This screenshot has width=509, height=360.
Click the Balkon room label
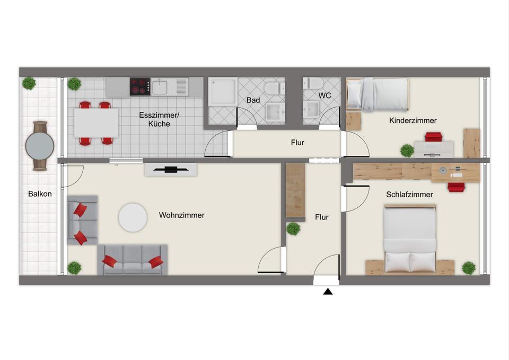point(40,194)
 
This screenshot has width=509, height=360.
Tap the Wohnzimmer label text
point(182,215)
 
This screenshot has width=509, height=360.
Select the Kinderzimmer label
point(413,120)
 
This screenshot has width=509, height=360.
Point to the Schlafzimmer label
point(410,195)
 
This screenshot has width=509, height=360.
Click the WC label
point(324,95)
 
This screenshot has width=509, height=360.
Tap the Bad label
point(253,100)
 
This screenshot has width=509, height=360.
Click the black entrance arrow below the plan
point(328,292)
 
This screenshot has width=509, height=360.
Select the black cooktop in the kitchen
point(140,86)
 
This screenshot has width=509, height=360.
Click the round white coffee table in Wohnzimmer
point(133,217)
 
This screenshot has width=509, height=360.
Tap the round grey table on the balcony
point(40,146)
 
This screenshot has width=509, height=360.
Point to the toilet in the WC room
point(313,83)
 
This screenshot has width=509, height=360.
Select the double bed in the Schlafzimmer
point(410,239)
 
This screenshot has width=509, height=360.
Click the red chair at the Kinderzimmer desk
point(434,137)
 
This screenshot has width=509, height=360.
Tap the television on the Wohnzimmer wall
point(171,169)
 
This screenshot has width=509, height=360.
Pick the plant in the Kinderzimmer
point(407,151)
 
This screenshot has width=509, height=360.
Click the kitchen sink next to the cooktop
point(160,87)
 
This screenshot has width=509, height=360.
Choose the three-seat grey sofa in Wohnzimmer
point(133,260)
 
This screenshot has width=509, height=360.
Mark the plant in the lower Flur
point(293,229)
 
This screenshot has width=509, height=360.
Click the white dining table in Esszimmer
point(96,123)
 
